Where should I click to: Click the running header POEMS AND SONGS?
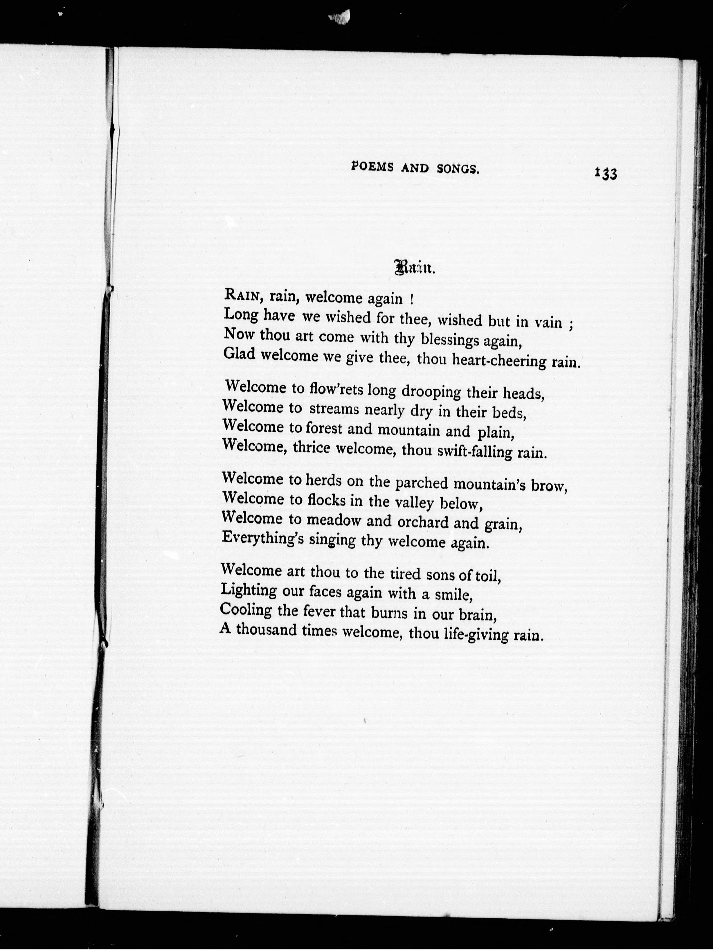(415, 168)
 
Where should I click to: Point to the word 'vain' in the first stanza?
(548, 322)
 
